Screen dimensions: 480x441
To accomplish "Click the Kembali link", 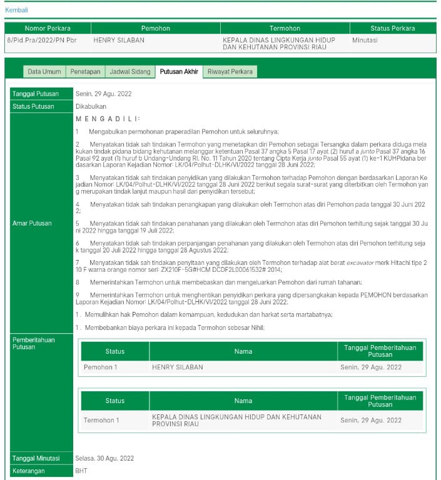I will (x=17, y=10).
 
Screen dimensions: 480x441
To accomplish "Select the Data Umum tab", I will (x=44, y=72).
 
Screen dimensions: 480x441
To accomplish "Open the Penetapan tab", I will (x=85, y=72).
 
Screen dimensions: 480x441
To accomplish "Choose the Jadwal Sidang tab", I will (x=130, y=72).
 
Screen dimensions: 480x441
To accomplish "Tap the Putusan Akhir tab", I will (x=179, y=72).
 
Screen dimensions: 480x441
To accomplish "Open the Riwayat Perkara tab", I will (x=230, y=72).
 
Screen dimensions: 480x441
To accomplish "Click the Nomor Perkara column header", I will (x=48, y=28).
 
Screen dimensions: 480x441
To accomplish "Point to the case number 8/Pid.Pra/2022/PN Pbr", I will (x=41, y=40).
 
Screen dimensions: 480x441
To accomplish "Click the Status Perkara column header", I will (x=392, y=28).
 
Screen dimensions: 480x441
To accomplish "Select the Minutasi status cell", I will (x=365, y=40).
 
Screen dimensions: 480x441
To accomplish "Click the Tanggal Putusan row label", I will (x=36, y=94).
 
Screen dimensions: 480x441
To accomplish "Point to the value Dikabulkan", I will (x=91, y=106).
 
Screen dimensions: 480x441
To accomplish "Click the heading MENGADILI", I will (x=108, y=119).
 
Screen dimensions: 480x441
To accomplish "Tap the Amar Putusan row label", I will (x=33, y=222).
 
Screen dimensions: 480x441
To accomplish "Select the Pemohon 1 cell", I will (x=101, y=367).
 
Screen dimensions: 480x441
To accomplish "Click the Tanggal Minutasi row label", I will (x=36, y=458).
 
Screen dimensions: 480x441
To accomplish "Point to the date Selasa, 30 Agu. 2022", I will (x=104, y=458).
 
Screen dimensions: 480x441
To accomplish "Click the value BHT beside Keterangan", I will (x=82, y=471).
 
